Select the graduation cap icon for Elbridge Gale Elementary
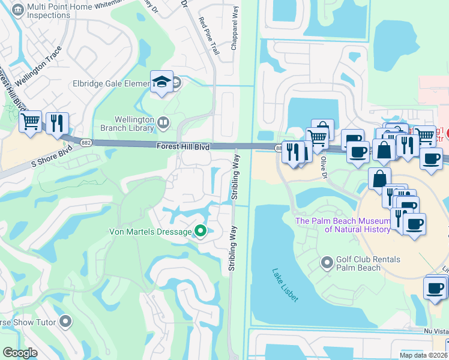(161, 82)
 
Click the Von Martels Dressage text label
(149, 232)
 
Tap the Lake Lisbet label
(285, 284)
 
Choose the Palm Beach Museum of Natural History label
(342, 225)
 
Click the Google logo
(20, 353)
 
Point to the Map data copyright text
(424, 355)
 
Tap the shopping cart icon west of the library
(30, 122)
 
